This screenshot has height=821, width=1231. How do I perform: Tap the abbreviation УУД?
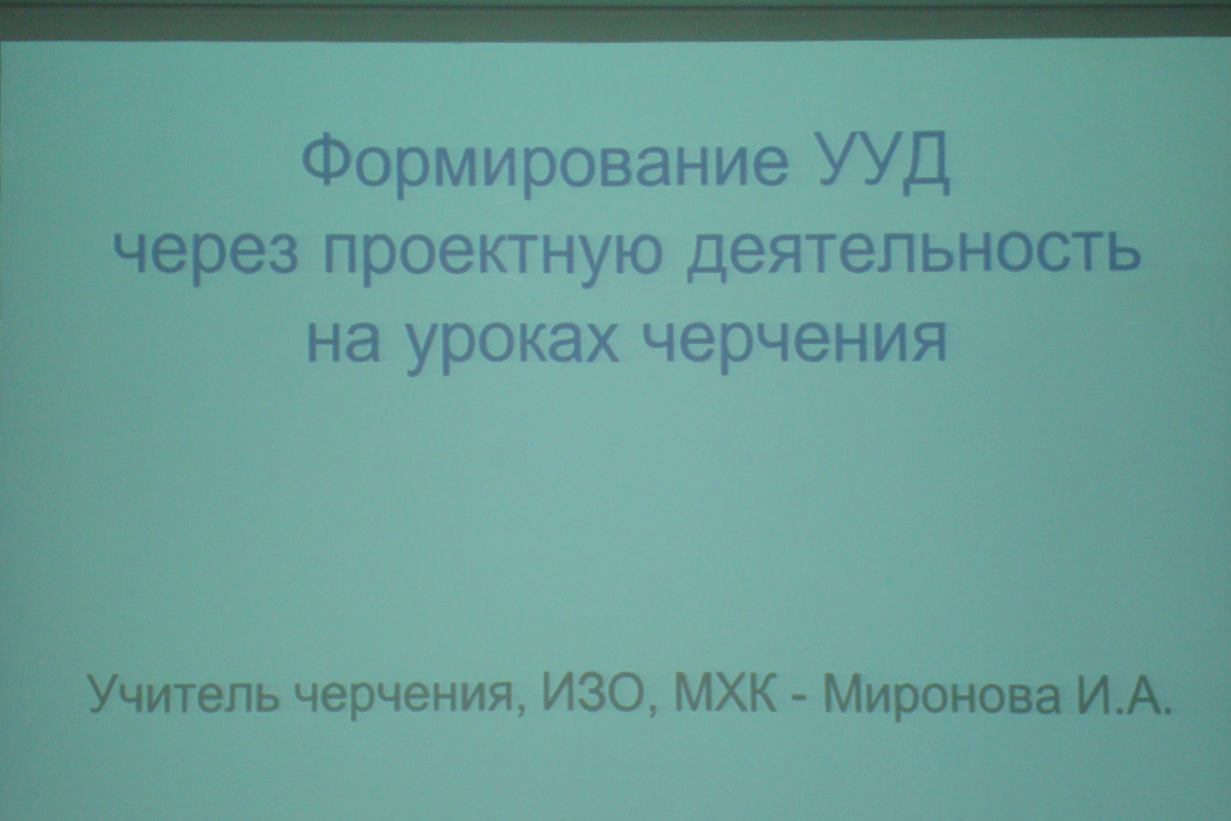(x=884, y=164)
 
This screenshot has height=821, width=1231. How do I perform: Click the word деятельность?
(x=912, y=251)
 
